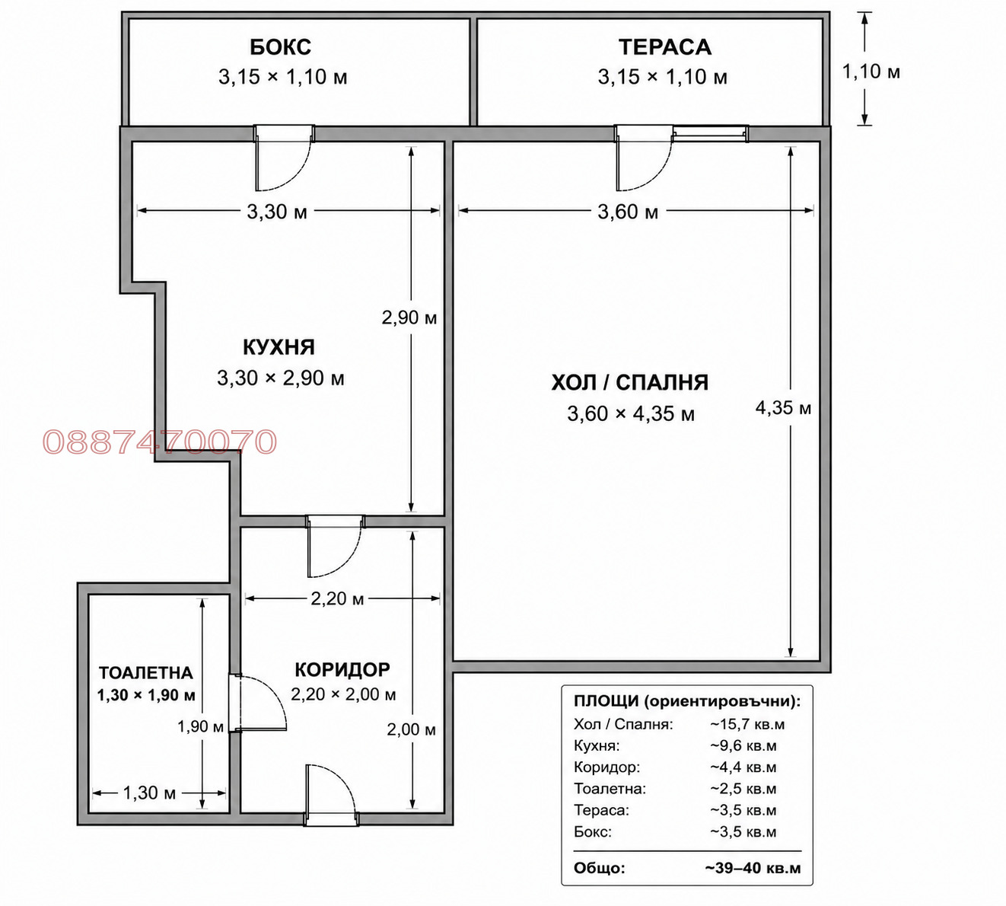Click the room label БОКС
click(x=280, y=47)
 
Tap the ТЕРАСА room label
click(x=664, y=47)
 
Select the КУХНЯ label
click(x=279, y=347)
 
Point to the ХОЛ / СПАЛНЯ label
click(x=630, y=382)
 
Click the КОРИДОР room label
click(x=342, y=669)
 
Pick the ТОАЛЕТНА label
click(x=145, y=672)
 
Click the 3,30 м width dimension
click(x=277, y=212)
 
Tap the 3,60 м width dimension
click(x=628, y=212)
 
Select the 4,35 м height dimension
click(x=783, y=408)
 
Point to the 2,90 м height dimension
click(x=409, y=317)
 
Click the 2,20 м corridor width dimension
click(x=337, y=598)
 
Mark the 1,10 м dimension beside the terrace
click(x=871, y=72)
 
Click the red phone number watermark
click(x=160, y=442)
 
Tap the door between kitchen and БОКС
click(x=284, y=158)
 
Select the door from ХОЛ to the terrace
click(x=644, y=158)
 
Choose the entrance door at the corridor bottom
click(x=331, y=796)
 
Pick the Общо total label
click(x=600, y=868)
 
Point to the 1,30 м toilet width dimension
click(x=149, y=793)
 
